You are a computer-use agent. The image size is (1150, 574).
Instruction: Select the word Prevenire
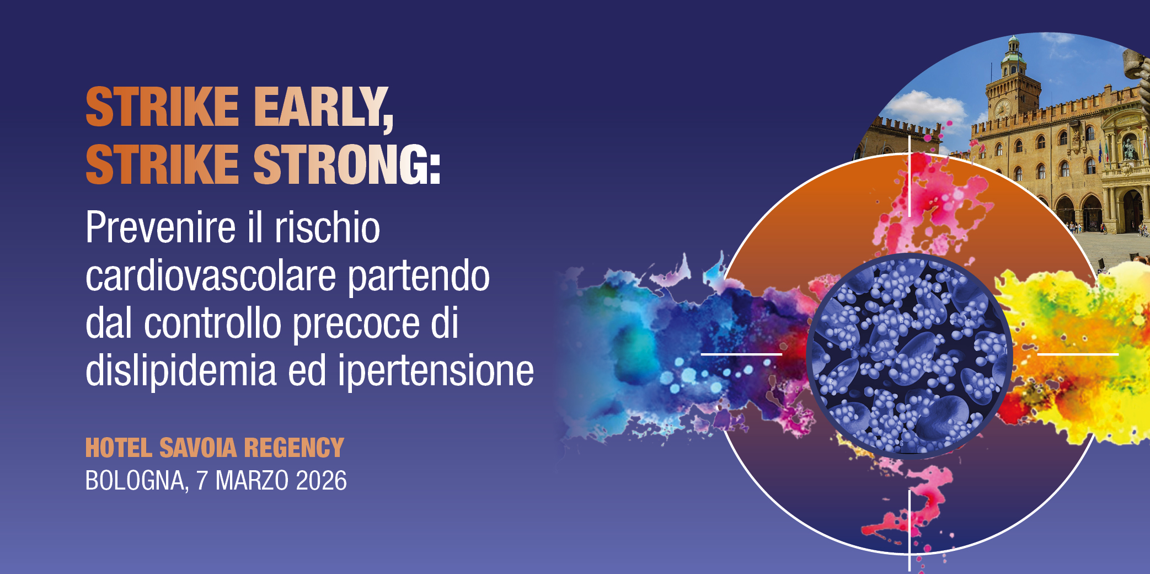point(161,227)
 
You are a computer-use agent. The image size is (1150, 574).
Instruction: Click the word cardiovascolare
point(210,275)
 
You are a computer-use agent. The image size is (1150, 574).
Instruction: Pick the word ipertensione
point(436,371)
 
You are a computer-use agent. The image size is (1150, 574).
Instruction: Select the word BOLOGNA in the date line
point(135,481)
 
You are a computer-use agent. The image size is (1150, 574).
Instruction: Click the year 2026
point(321,481)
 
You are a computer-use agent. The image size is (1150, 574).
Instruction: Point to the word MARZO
point(252,481)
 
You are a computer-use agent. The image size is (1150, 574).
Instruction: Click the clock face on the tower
point(1002,108)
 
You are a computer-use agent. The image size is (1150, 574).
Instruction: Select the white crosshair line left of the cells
point(741,354)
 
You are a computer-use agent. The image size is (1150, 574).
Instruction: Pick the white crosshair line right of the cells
point(1078,354)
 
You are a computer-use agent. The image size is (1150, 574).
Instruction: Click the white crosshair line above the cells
point(910,177)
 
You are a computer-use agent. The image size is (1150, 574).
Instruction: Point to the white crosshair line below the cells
point(910,530)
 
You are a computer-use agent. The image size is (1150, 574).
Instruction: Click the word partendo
point(419,275)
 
